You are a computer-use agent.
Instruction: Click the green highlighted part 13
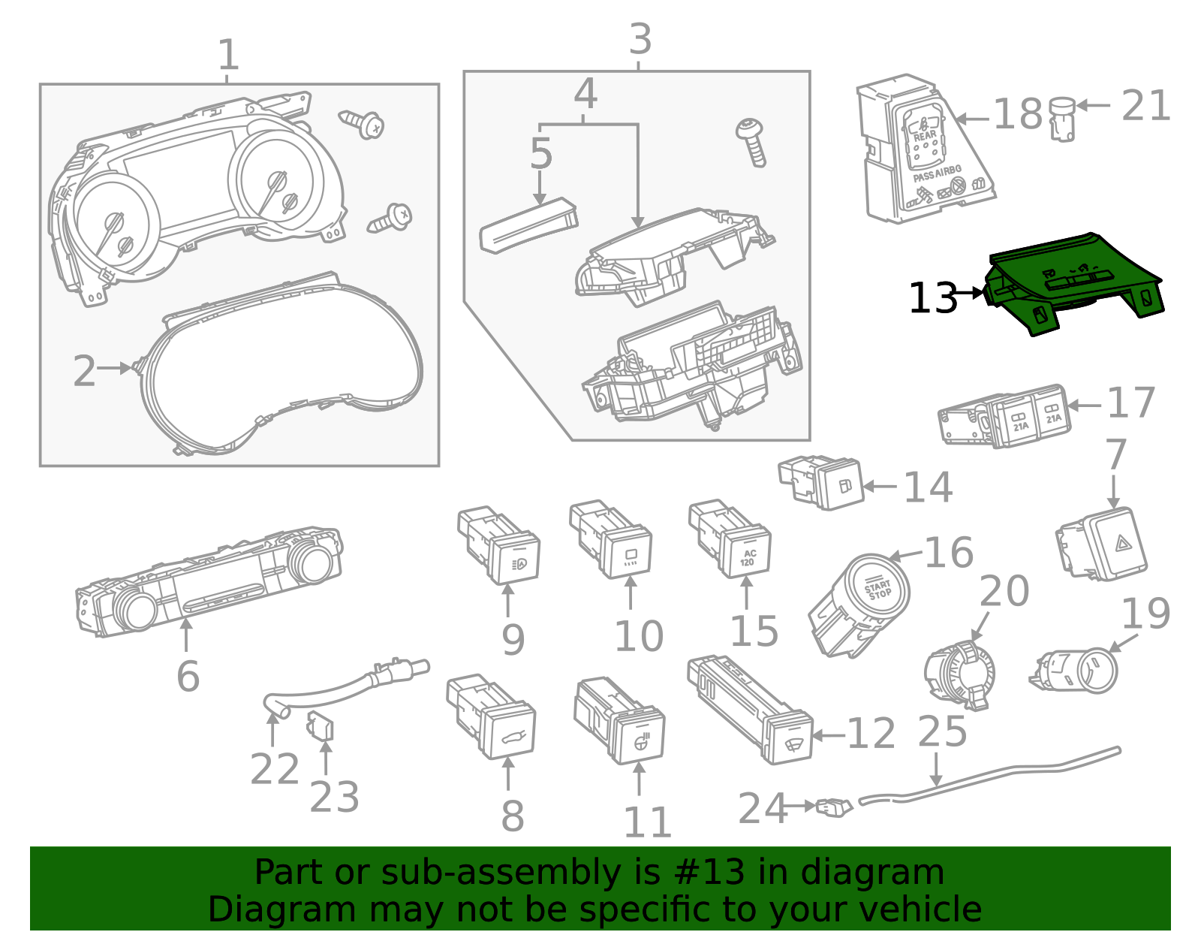[1073, 282]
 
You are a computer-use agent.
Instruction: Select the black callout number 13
[933, 298]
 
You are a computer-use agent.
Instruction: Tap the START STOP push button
[877, 590]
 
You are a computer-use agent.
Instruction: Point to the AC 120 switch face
[748, 556]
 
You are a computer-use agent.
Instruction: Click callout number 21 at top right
[1145, 106]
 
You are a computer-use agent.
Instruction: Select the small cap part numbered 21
[1061, 119]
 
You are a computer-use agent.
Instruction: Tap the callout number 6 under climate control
[188, 676]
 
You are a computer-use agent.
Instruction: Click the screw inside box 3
[752, 141]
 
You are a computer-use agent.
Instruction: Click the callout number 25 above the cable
[942, 731]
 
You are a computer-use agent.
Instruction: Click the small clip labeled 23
[321, 727]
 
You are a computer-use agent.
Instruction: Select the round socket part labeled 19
[1081, 670]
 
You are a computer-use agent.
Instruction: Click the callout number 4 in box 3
[585, 95]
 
